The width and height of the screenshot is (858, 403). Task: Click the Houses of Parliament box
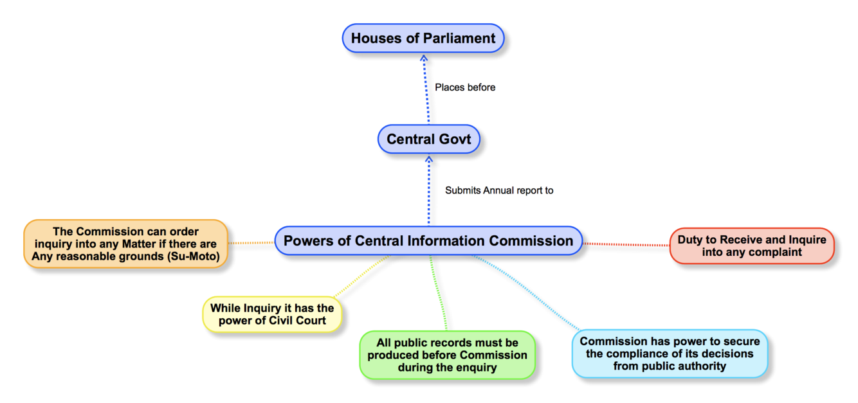[x=423, y=39]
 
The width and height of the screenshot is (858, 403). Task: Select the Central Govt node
[x=428, y=139]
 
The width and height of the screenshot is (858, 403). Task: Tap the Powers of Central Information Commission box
[x=428, y=241]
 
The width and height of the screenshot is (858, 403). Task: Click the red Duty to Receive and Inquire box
[x=752, y=246]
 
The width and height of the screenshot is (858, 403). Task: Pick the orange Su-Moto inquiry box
[x=126, y=245]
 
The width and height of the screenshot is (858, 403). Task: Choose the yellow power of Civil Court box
[x=272, y=314]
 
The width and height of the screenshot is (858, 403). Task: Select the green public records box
[x=447, y=355]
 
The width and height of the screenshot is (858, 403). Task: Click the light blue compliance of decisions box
[x=670, y=354]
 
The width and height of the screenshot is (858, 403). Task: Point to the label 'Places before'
[x=465, y=87]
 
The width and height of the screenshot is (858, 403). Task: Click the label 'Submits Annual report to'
[x=499, y=190]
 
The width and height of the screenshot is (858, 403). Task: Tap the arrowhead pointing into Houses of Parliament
[x=424, y=57]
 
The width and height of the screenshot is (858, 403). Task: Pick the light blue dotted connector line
[x=524, y=292]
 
